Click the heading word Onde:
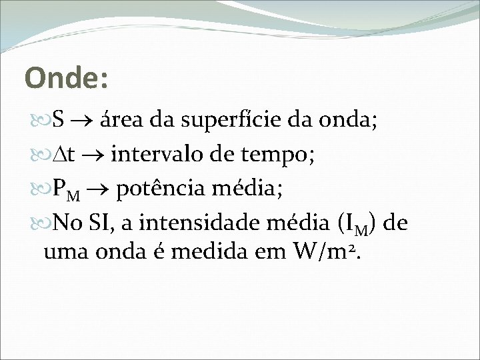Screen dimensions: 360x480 [66, 77]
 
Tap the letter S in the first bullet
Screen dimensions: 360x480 [58, 121]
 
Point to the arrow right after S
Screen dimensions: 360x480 [83, 121]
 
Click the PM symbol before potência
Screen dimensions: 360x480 [65, 190]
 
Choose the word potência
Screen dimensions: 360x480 [159, 189]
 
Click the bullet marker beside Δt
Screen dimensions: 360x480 [47, 155]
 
